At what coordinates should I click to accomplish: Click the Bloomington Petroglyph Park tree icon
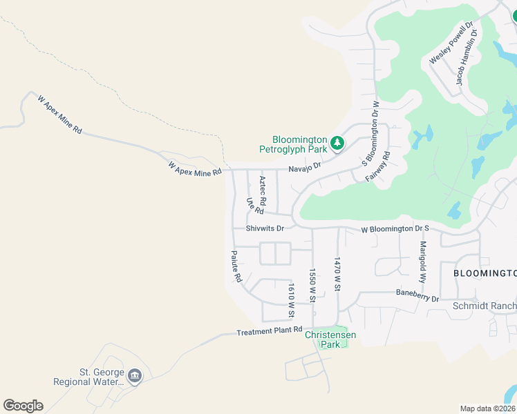[337, 144]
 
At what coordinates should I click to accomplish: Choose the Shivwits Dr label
[265, 228]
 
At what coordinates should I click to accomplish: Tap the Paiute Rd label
[236, 266]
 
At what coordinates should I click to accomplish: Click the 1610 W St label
[292, 301]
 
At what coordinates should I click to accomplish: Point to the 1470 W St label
[337, 274]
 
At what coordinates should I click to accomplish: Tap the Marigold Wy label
[422, 263]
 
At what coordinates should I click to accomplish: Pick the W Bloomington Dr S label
[395, 229]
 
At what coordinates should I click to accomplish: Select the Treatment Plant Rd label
[270, 331]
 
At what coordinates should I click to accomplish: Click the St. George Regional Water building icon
[135, 376]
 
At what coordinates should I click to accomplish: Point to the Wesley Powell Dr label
[451, 43]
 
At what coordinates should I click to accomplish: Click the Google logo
[23, 406]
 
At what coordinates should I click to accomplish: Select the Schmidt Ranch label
[484, 306]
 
